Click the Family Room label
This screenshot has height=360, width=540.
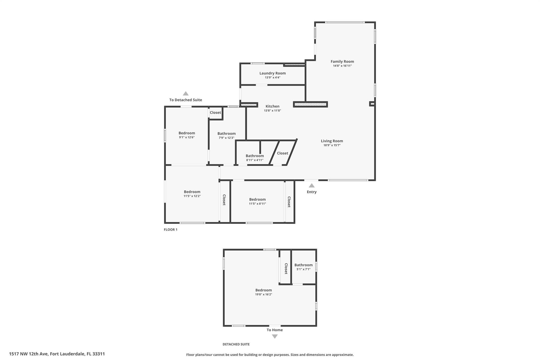coord(342,61)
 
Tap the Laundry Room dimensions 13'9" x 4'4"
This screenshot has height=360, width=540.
coord(272,78)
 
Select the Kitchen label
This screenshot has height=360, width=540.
coord(272,106)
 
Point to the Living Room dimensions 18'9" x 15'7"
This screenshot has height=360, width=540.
coord(332,145)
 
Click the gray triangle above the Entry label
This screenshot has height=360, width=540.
coord(312,185)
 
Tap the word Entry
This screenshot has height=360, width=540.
coord(312,192)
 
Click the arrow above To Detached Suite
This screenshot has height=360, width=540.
coord(186,93)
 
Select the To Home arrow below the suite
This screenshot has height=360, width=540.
coord(275,337)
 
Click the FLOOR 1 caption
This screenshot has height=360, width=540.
coord(171,230)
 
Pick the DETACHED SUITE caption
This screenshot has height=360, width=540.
coord(236,344)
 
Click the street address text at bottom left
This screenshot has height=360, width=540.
coord(57,354)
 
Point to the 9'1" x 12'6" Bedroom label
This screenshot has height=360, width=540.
coord(187,133)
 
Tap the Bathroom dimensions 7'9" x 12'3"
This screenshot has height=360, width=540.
coord(226,138)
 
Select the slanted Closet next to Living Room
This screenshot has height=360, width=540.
coord(283,153)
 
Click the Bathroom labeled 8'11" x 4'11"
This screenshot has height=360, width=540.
coord(255,156)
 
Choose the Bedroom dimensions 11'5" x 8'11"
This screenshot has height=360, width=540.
coord(258,204)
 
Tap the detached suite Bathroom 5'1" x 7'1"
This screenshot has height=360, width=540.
coord(303,265)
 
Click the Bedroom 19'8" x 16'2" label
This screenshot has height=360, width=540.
coord(264,290)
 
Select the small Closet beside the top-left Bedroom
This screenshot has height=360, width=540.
coord(215,113)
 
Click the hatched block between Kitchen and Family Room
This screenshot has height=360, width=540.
coord(310,104)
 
